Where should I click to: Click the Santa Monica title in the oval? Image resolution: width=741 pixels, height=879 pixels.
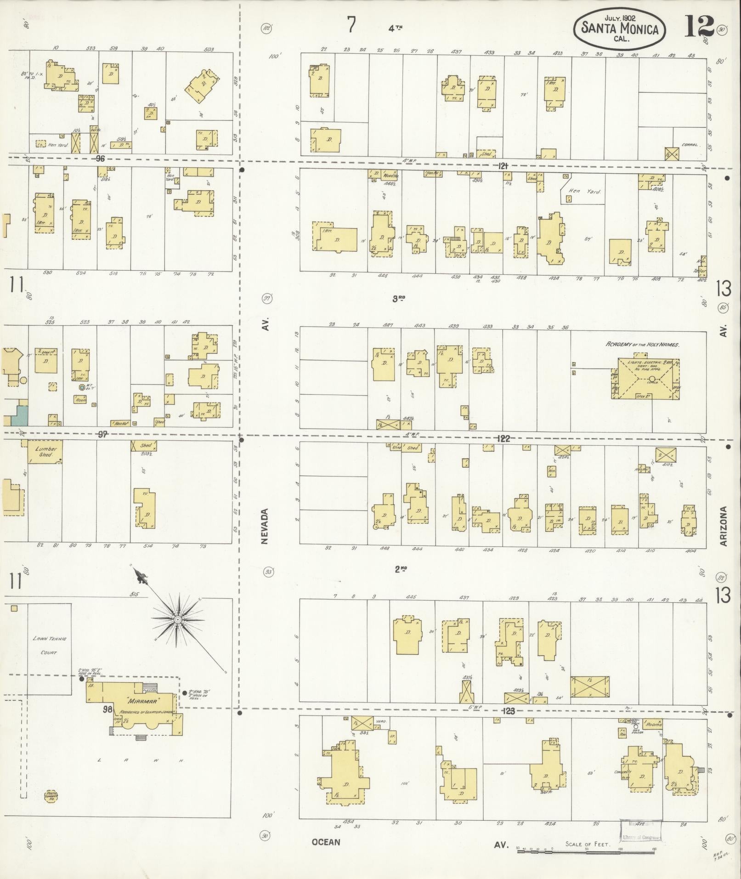click(620, 28)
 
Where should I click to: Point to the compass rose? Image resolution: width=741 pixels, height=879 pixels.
click(178, 619)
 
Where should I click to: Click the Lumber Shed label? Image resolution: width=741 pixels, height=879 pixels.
click(45, 451)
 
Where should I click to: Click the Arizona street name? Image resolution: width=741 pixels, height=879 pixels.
click(724, 526)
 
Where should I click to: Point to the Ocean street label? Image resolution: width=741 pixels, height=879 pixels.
click(326, 842)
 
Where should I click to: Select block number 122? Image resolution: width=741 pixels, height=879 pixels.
click(503, 439)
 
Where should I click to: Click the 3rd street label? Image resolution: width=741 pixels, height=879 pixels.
click(398, 298)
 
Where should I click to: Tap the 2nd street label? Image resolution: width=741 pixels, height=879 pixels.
click(401, 569)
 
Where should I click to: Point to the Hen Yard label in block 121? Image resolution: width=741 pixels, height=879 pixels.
click(584, 191)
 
